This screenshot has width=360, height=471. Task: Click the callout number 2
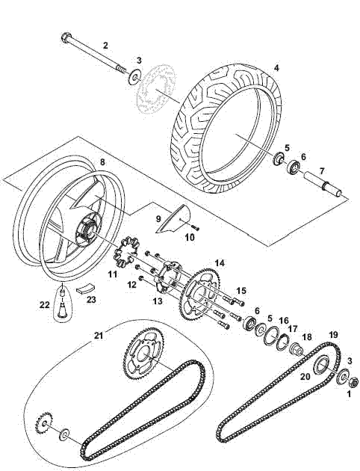click(x=105, y=45)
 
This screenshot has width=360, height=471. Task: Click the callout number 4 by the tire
click(x=276, y=68)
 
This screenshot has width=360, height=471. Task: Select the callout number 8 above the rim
click(x=102, y=161)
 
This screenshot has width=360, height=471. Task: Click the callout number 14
click(x=220, y=262)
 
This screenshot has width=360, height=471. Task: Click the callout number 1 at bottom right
click(x=349, y=395)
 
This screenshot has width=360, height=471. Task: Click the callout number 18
click(x=307, y=337)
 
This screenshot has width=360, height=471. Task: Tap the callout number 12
click(x=131, y=284)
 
